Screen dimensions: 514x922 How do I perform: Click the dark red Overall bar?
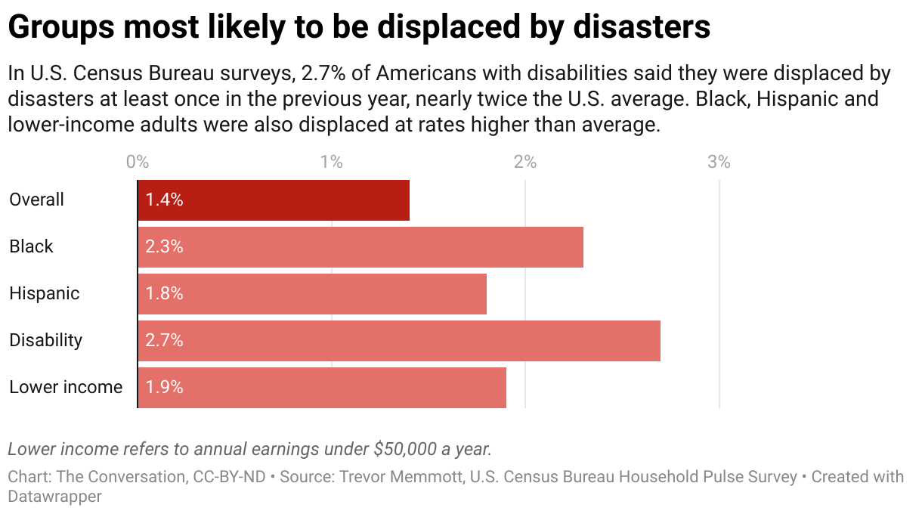coord(274,200)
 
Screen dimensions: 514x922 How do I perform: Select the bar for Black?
coord(360,247)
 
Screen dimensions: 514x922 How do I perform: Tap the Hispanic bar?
coord(312,294)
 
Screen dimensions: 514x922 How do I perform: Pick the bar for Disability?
coord(399,341)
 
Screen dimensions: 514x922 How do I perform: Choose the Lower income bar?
coord(322,388)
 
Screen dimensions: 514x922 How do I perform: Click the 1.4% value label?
coord(165,200)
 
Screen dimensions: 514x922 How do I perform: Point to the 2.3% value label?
coord(165,247)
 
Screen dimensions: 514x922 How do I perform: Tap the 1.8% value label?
coord(165,294)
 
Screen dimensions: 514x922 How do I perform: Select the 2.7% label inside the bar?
coord(165,341)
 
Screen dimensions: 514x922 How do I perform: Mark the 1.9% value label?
coord(165,388)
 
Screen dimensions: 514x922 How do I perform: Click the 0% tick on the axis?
coord(138,162)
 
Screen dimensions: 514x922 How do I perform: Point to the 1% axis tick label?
coord(331,162)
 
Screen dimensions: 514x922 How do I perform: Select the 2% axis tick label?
coord(525,162)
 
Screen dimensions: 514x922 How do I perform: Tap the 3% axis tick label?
coord(719,162)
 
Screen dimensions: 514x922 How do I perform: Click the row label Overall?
coord(36,200)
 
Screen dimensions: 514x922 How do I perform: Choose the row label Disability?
coord(45,341)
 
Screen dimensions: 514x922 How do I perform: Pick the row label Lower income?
coord(66,388)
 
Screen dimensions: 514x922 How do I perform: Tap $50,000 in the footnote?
coord(405,449)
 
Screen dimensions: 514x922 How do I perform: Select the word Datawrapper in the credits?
coord(54,497)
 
